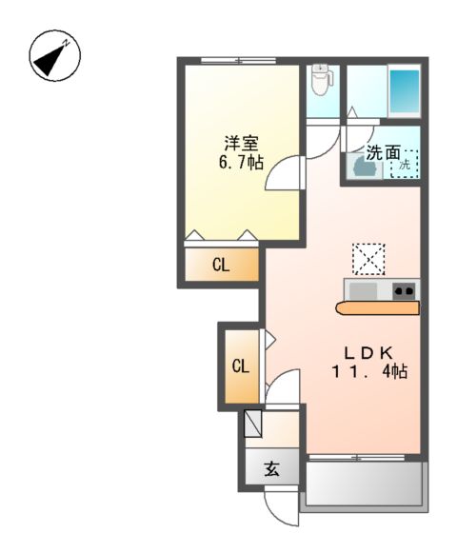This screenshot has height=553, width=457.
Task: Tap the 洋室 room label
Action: point(240,144)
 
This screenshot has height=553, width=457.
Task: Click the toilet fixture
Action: point(321,82)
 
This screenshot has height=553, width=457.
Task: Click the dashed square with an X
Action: point(368,258)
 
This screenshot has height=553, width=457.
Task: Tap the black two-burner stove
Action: point(405,290)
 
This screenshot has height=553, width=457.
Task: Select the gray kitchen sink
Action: point(364,290)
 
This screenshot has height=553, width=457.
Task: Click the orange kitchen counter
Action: point(377,307)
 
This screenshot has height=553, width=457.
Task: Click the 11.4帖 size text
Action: point(369,371)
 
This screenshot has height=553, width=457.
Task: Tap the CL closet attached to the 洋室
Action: point(220,266)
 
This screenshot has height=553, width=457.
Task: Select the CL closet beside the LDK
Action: point(240,365)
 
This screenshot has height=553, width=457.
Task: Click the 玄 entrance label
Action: point(271,468)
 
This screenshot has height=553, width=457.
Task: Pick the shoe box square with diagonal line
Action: point(252,422)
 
